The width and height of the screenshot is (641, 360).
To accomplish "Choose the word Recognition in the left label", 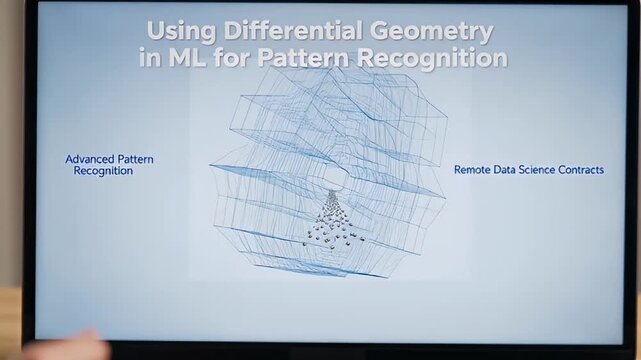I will point(103,171).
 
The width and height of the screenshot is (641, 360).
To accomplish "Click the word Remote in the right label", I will point(474,170).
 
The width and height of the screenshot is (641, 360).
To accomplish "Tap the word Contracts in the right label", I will point(584,170).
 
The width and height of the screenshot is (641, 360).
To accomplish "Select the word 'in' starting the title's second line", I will point(151,58).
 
